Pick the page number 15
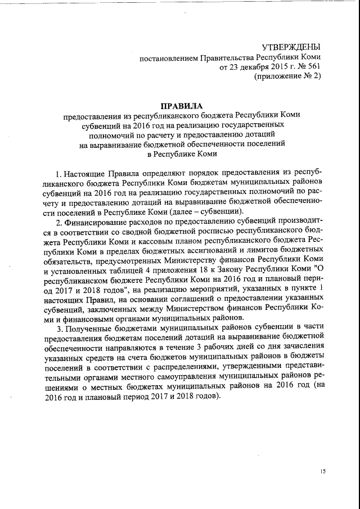tap(323, 471)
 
